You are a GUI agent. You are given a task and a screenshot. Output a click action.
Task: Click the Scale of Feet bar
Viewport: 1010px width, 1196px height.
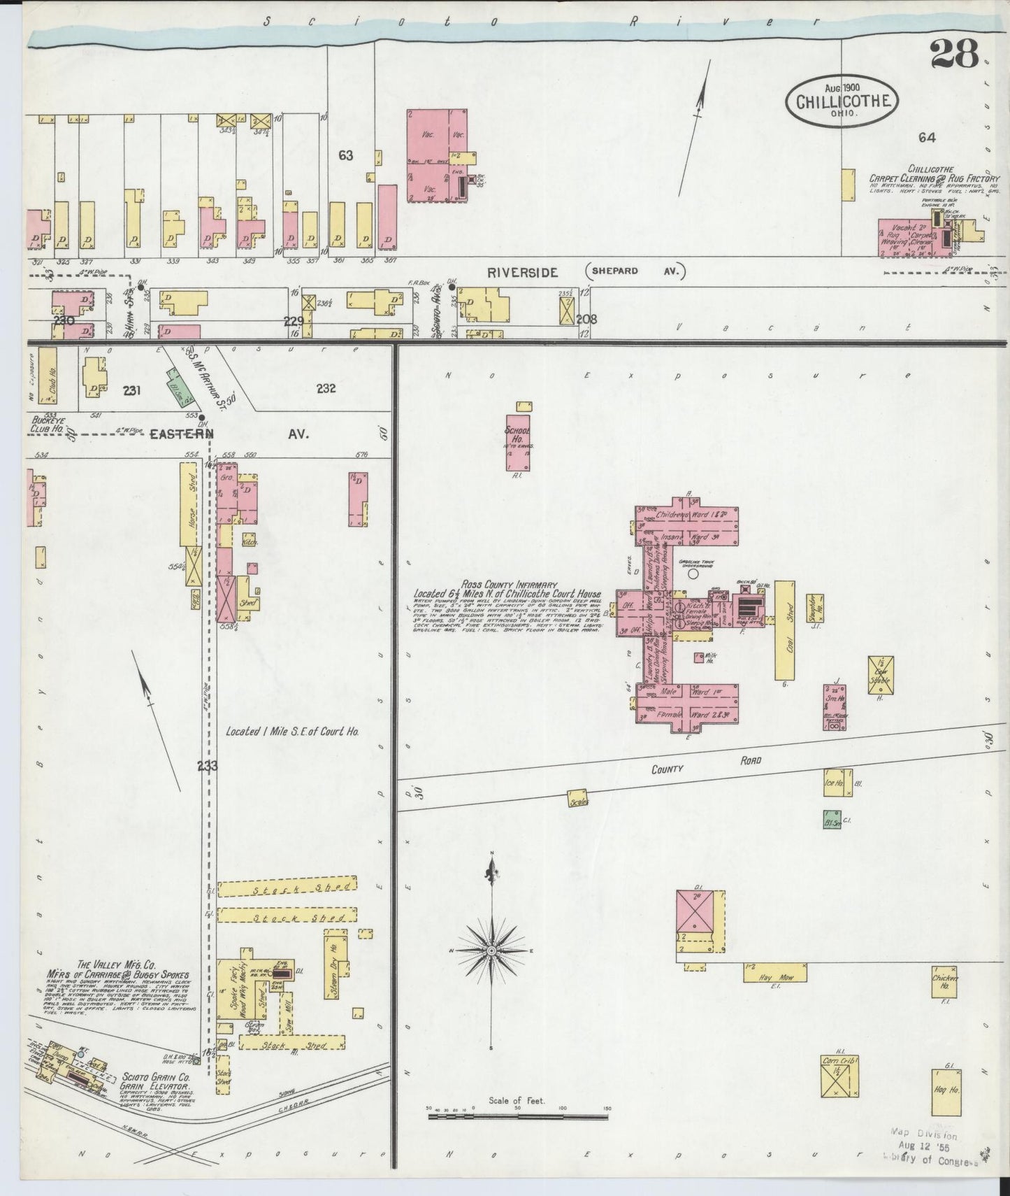pos(517,1128)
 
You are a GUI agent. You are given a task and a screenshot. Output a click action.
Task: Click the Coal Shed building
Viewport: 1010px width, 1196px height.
pos(784,629)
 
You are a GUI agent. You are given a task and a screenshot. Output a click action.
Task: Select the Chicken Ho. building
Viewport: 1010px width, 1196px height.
pos(944,981)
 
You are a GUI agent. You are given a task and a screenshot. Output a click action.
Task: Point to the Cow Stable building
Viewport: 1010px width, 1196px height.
pos(879,675)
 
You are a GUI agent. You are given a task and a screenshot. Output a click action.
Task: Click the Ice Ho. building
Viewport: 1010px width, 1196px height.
pos(835,783)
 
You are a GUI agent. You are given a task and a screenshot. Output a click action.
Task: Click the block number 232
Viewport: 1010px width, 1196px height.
pos(326,389)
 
